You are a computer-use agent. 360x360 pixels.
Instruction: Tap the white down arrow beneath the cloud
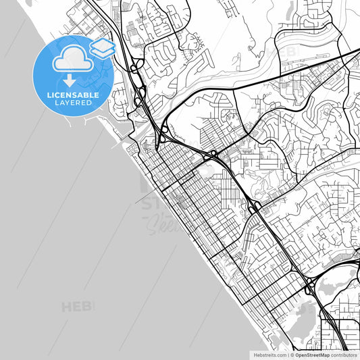[70, 80]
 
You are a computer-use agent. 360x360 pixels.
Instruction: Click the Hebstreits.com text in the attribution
[269, 355]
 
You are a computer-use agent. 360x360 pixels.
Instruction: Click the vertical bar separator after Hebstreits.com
[287, 355]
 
